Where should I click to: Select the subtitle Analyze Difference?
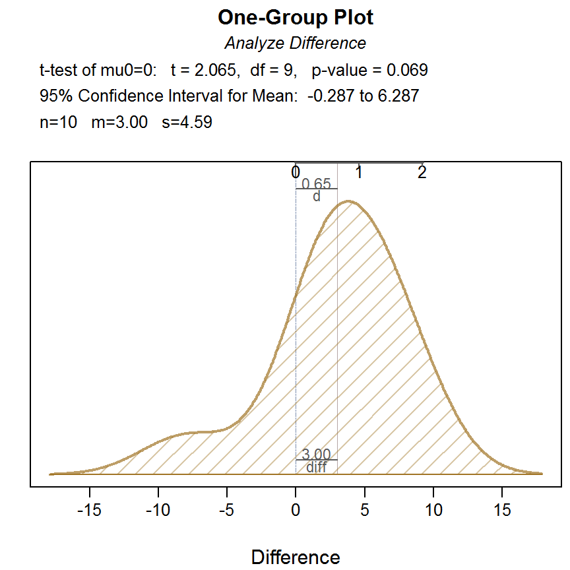click(x=295, y=44)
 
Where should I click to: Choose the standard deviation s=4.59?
click(x=187, y=123)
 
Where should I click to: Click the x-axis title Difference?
click(x=296, y=557)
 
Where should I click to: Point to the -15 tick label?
click(x=90, y=510)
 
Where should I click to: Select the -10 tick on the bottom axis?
click(x=158, y=510)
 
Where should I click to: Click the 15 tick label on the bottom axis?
click(x=502, y=510)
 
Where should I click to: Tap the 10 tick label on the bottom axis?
click(x=433, y=510)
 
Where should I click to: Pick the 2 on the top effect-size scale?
click(x=422, y=173)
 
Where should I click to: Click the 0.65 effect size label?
click(x=316, y=184)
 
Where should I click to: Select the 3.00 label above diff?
click(x=316, y=455)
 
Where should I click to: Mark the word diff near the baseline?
click(x=316, y=467)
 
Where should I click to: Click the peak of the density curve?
click(x=350, y=202)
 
